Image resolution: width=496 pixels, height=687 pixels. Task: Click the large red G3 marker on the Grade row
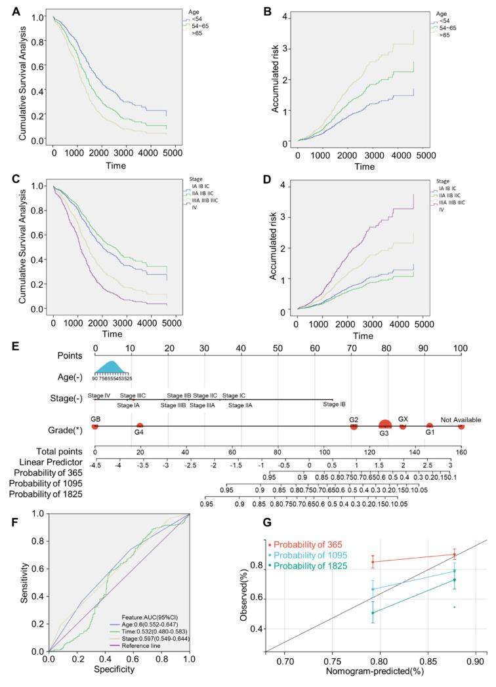[385, 425]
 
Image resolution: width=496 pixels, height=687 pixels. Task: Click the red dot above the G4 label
[140, 426]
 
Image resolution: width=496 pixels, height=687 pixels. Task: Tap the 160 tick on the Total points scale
[461, 452]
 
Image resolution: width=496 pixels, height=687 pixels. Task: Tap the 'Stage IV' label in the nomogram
[99, 395]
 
